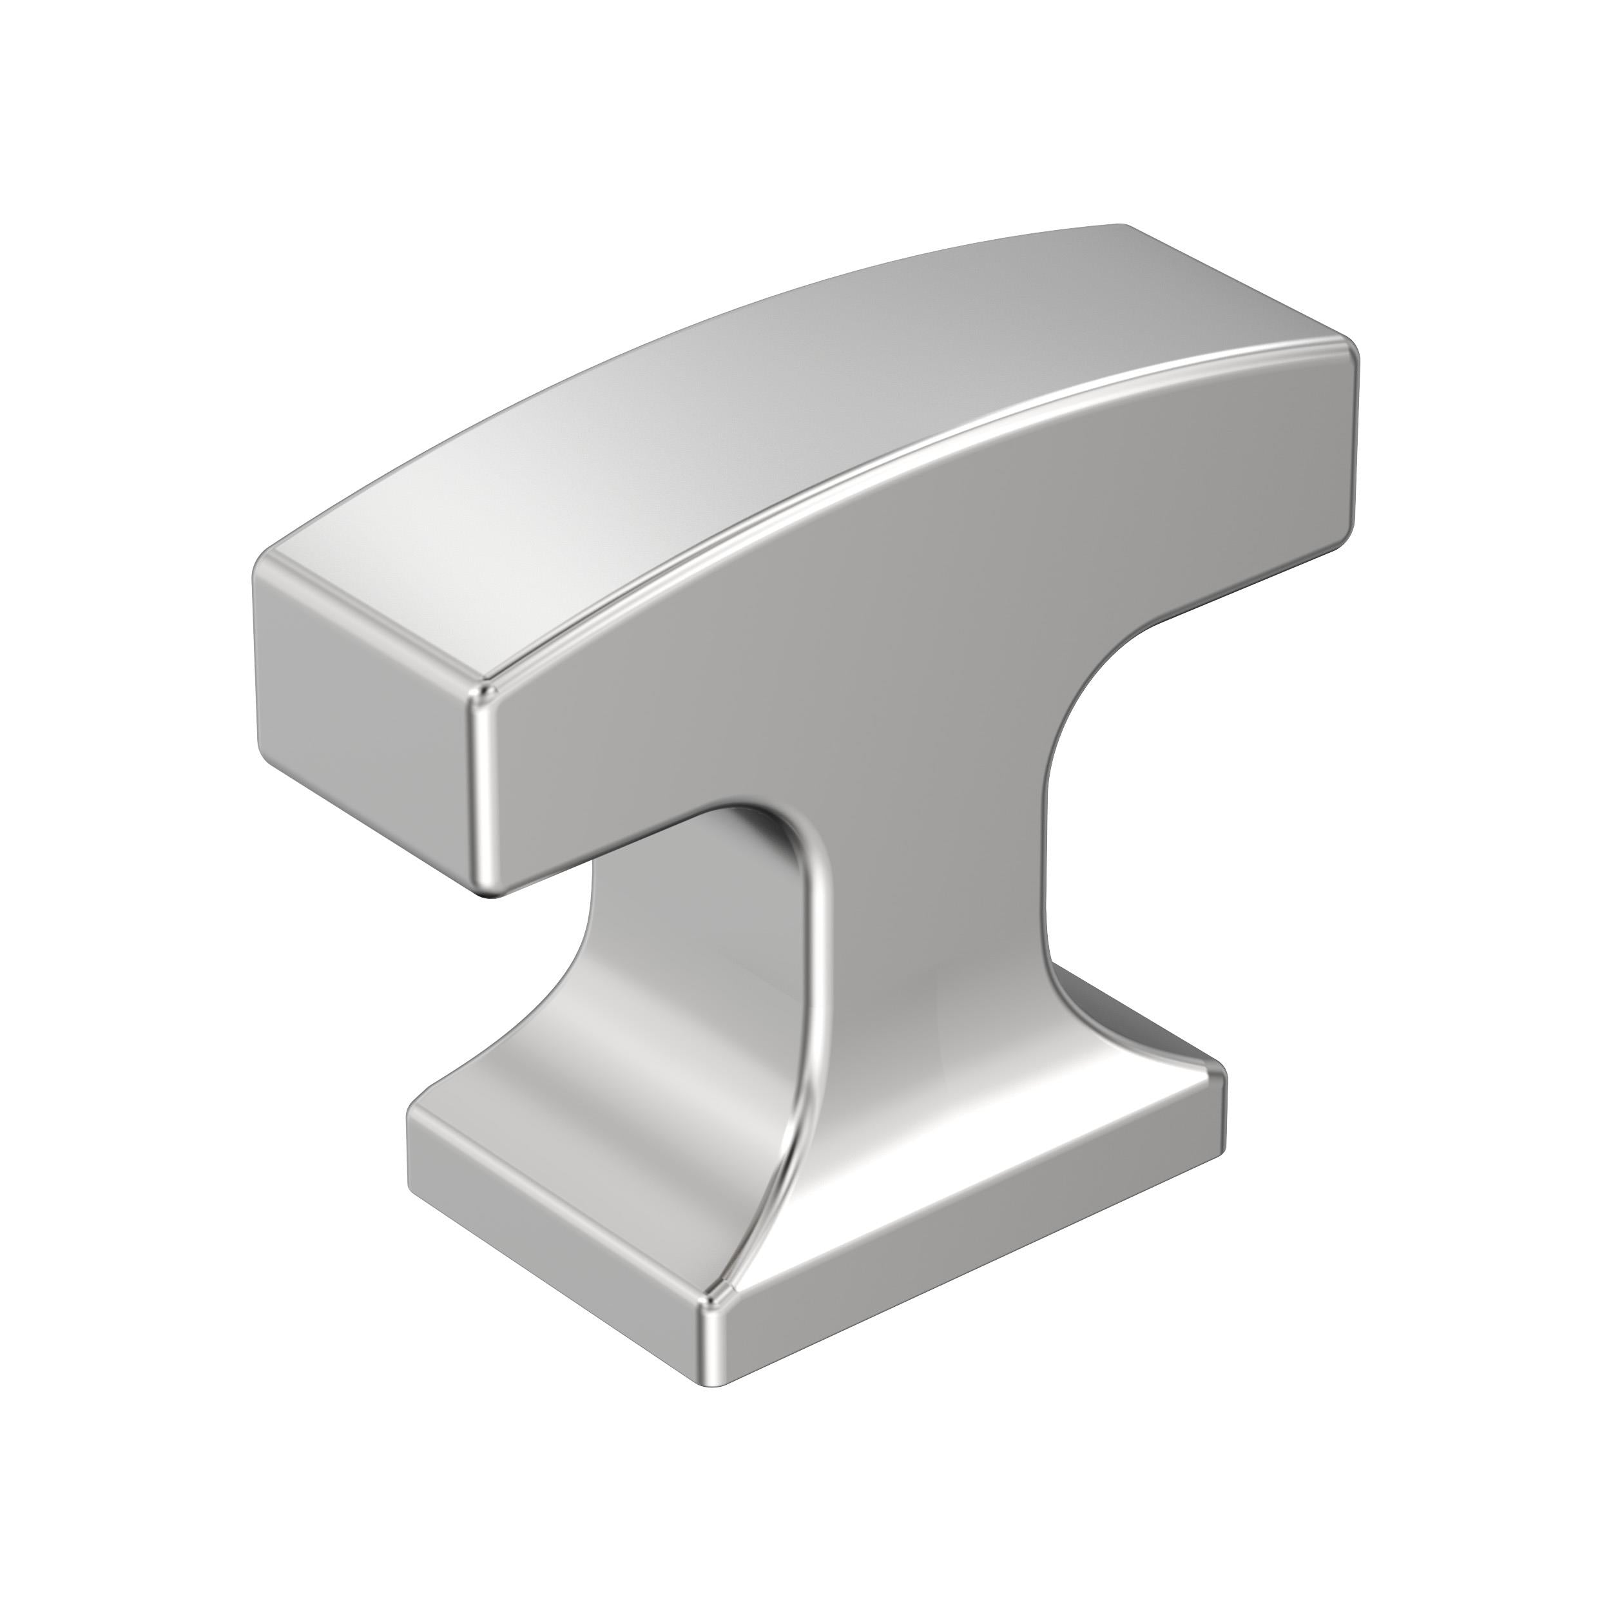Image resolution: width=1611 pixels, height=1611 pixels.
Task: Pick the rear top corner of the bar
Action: (x=1121, y=227)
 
